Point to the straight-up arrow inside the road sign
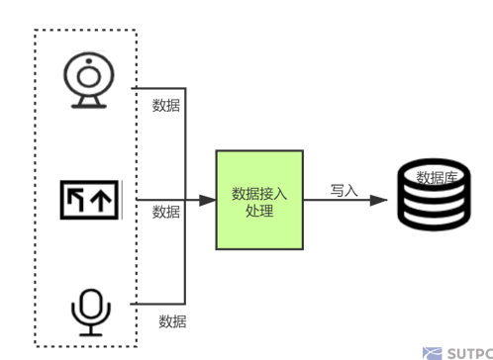[x=101, y=201]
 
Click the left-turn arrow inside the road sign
[x=76, y=201]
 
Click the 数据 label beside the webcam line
[x=166, y=105]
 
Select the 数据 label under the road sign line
[x=166, y=212]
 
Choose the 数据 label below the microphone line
[x=173, y=320]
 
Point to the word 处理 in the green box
[x=259, y=211]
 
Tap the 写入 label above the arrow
[x=344, y=190]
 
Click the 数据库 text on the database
[x=437, y=178]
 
